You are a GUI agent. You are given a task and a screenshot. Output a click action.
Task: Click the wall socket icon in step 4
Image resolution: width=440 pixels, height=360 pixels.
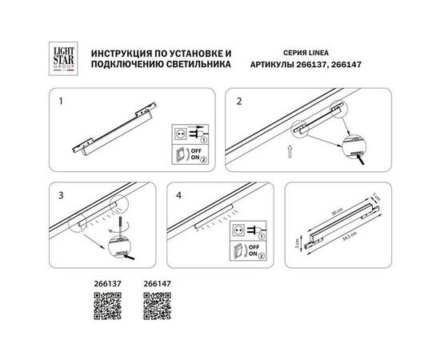237,230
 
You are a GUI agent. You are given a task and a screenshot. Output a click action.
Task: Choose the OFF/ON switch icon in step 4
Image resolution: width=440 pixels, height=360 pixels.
237,250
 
